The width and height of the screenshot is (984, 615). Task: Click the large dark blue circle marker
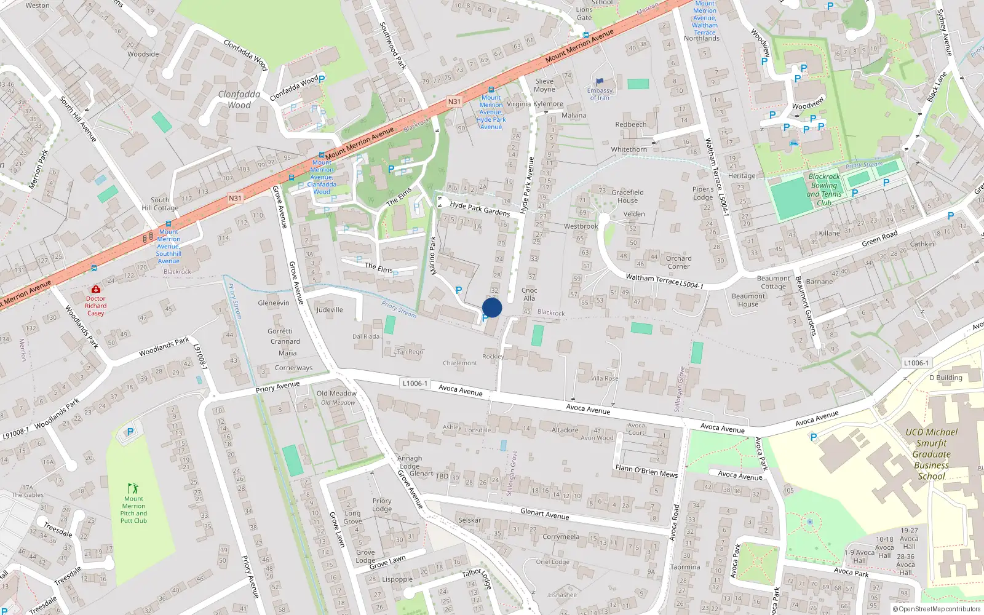492,307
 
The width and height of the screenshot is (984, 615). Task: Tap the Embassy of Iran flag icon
600,81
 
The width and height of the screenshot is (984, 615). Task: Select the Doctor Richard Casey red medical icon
96,289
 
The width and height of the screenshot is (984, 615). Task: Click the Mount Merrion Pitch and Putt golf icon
133,488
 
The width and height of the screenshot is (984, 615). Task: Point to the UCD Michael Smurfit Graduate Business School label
931,454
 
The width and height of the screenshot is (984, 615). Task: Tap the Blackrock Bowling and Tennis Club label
823,189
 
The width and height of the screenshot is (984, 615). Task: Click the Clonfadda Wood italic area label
239,100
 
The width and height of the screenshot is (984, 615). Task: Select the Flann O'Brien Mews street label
646,471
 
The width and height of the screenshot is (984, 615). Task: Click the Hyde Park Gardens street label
480,208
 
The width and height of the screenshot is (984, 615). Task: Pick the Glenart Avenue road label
544,514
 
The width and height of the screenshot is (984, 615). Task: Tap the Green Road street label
879,239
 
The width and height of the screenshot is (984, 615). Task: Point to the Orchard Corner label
678,262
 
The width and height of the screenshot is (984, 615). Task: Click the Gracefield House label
627,196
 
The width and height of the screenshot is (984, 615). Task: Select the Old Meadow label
336,394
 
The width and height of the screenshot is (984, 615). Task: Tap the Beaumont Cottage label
773,282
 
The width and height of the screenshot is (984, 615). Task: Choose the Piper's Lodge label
703,193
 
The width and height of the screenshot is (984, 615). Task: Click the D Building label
945,378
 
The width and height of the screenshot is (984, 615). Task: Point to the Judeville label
330,310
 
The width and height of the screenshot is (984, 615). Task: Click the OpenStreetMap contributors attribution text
937,609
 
